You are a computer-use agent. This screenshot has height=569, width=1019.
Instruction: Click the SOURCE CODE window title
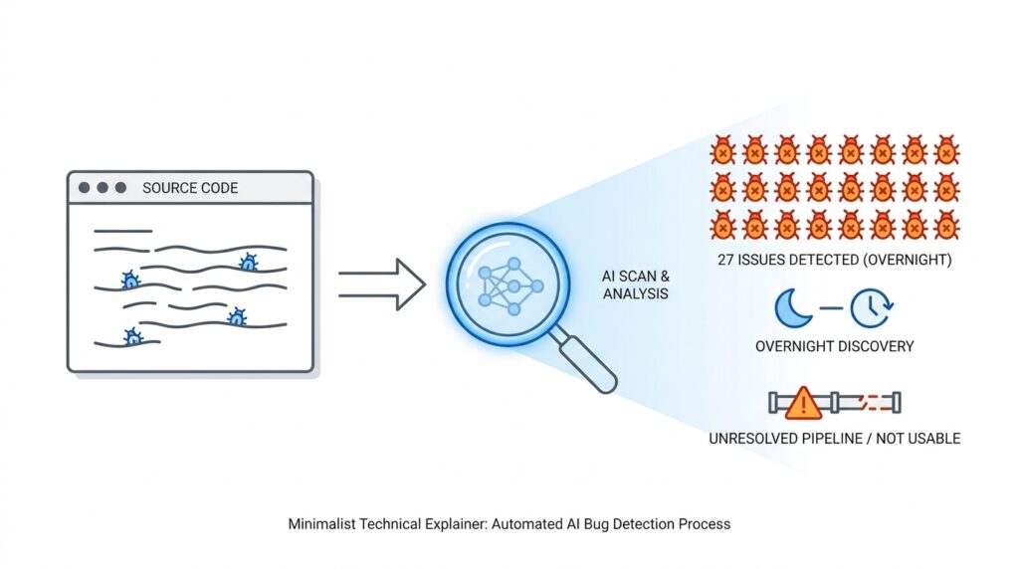190,188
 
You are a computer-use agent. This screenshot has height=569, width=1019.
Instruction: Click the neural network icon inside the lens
509,285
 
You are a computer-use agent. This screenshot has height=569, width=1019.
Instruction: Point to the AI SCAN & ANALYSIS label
635,284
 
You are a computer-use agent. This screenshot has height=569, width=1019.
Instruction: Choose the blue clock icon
872,309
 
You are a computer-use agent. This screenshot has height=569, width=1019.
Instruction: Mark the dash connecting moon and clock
832,309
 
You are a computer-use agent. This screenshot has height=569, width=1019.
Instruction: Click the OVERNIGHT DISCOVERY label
834,346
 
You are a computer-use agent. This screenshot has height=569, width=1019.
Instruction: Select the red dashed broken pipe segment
872,403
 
